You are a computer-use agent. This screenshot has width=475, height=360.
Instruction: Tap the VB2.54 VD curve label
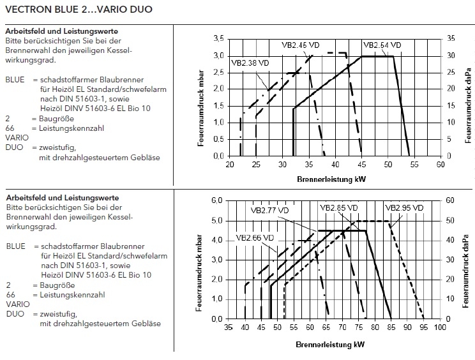[382, 45]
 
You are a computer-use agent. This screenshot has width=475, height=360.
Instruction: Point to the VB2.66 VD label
[255, 238]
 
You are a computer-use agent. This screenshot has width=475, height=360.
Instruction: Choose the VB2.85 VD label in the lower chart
[339, 208]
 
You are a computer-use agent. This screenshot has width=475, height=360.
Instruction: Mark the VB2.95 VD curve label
[403, 208]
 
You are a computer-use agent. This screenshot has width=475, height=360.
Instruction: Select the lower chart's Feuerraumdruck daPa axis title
[469, 260]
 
